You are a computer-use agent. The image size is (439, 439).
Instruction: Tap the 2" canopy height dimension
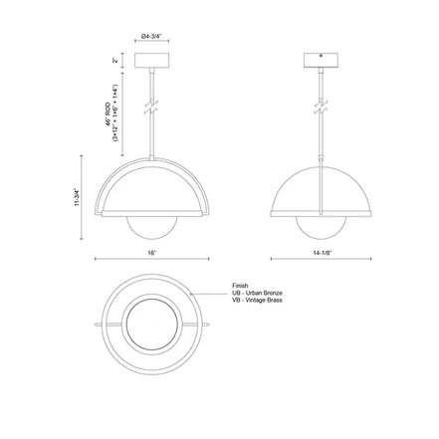[x=116, y=61]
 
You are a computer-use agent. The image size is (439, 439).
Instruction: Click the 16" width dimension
[x=152, y=255]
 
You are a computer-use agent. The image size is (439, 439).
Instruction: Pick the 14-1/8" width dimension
[x=321, y=255]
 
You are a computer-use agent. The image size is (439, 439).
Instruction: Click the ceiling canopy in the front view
[x=152, y=61]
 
